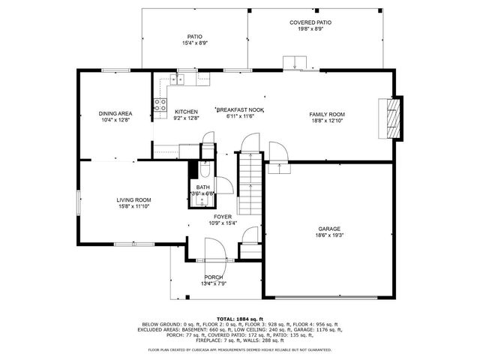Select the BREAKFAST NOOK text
click(241, 109)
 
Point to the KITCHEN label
click(186, 111)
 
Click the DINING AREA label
click(115, 113)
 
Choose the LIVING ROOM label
click(133, 199)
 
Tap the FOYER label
click(222, 216)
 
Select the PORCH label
click(214, 277)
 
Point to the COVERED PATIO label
click(310, 23)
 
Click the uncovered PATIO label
click(194, 37)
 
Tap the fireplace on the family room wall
click(393, 117)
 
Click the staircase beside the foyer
click(250, 184)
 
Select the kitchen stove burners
click(160, 105)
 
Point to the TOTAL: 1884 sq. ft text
click(239, 319)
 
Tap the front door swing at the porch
click(214, 250)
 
